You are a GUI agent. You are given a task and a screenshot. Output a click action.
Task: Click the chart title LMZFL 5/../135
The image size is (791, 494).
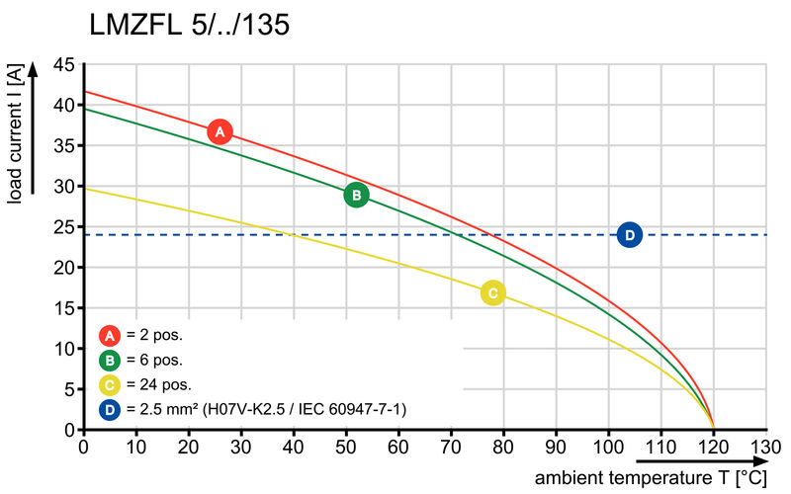[x=189, y=25]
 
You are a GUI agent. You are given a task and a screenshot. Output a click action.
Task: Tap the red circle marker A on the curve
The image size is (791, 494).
[x=220, y=131]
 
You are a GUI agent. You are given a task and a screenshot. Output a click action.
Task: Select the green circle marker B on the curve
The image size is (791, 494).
[x=356, y=195]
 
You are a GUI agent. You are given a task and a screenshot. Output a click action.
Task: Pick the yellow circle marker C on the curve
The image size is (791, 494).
[x=492, y=292]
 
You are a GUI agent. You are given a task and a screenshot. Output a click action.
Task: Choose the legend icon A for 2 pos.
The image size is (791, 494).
[x=111, y=334]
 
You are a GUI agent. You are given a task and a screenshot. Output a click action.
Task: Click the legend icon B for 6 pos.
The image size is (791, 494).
[x=111, y=360]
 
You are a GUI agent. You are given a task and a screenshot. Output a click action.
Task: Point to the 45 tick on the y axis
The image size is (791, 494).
[x=63, y=64]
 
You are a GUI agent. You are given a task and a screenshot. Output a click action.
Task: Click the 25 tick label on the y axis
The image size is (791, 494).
[x=63, y=227]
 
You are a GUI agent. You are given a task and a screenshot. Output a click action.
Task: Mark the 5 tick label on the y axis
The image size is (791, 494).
[x=68, y=390]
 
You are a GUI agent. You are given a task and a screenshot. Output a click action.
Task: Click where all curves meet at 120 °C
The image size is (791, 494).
[x=713, y=429]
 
